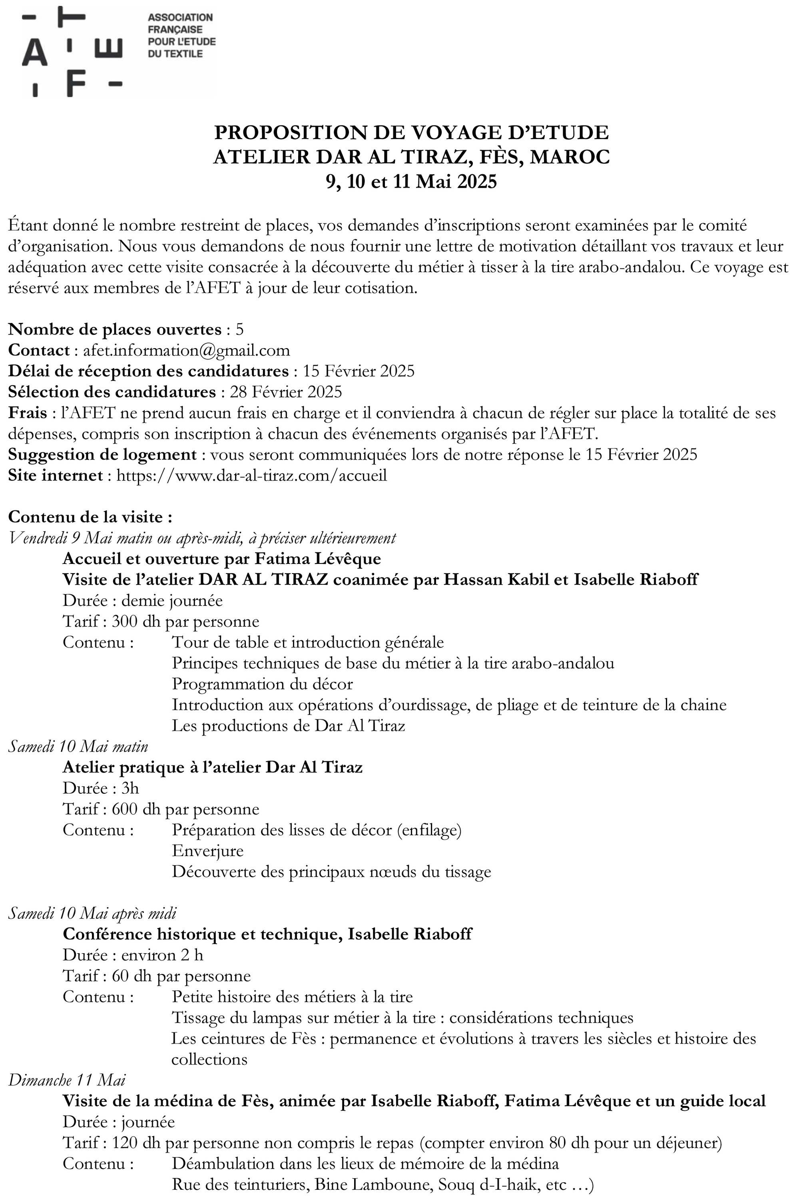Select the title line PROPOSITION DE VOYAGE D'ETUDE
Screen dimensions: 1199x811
click(411, 133)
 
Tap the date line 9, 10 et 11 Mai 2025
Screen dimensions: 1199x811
click(411, 181)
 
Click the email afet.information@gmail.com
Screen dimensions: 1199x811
click(186, 351)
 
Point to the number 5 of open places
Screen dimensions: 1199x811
click(239, 329)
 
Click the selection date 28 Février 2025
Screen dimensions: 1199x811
click(286, 392)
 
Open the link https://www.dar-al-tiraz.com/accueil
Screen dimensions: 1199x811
click(251, 475)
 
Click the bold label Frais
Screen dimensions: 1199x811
click(28, 413)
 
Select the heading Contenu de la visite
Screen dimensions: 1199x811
click(90, 517)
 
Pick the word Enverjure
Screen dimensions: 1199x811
click(207, 851)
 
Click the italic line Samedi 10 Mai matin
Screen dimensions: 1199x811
click(78, 747)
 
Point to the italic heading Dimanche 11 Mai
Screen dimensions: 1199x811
click(67, 1080)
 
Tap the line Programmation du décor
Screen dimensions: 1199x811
click(262, 684)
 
